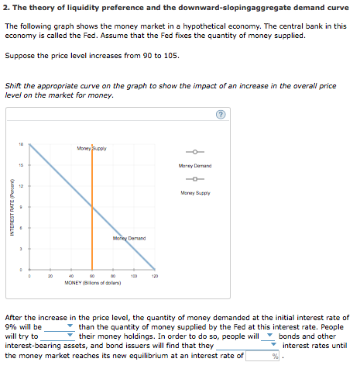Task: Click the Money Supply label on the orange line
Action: [93, 148]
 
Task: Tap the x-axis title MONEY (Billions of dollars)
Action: [91, 282]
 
